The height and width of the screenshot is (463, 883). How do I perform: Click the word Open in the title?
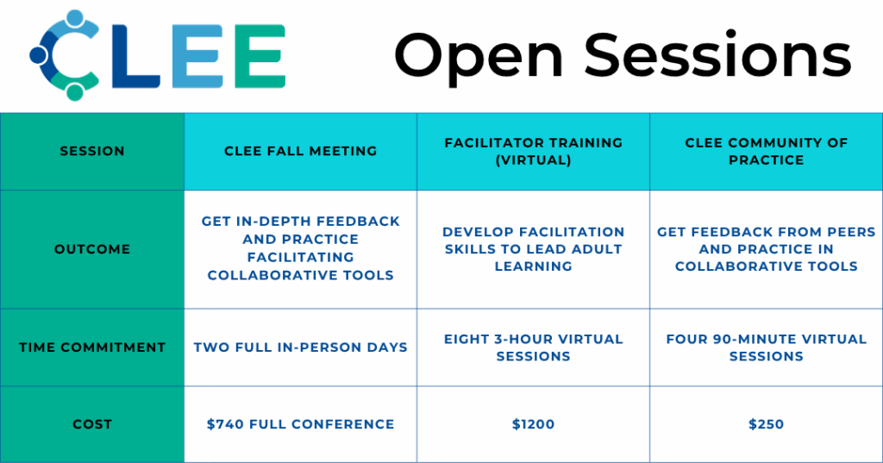(479, 55)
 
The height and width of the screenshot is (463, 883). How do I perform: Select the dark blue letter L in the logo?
(135, 56)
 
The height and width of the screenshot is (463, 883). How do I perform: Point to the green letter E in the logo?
(260, 56)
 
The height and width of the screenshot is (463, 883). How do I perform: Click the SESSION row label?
(92, 151)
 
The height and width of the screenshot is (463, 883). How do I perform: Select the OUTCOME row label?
(92, 249)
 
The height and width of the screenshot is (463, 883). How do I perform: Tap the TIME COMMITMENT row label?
(92, 347)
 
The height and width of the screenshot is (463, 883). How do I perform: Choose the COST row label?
(92, 424)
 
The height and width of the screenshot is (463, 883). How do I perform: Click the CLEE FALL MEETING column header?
(301, 151)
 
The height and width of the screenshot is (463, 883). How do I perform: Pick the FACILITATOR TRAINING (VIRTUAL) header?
(533, 151)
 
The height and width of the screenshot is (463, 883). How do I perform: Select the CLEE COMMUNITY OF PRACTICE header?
(767, 151)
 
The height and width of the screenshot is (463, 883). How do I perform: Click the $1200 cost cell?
(533, 424)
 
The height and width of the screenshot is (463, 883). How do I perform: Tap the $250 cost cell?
(767, 424)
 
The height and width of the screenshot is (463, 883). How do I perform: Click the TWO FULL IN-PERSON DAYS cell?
(301, 347)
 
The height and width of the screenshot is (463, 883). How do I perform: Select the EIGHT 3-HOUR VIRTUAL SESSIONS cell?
(533, 347)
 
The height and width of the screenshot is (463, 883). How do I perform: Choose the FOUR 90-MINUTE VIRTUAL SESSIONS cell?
(767, 347)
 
